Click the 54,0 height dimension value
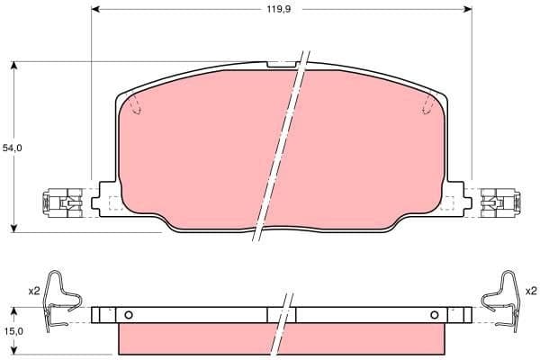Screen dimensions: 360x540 pos(12,147)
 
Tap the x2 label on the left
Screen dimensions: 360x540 pos(34,291)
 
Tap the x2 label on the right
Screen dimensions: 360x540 pos(530,291)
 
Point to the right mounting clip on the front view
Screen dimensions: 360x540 pos(499,202)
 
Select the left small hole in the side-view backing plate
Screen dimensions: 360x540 pos(129,314)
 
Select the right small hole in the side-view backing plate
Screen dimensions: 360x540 pos(435,314)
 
